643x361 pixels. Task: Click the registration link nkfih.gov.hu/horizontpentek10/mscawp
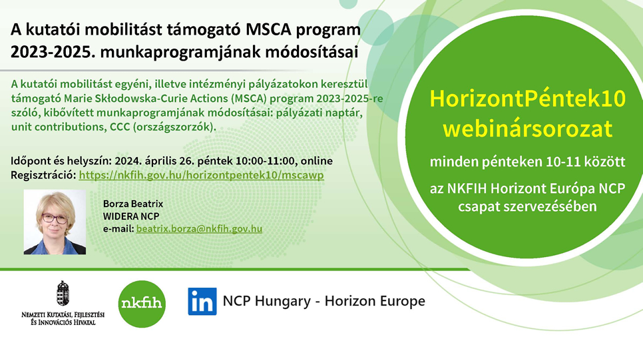(x=201, y=175)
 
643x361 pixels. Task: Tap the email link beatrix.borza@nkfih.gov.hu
(x=199, y=228)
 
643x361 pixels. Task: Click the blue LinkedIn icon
(x=202, y=302)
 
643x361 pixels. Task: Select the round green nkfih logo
(x=142, y=304)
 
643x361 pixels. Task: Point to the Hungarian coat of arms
(x=63, y=293)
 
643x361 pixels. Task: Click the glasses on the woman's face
(x=55, y=218)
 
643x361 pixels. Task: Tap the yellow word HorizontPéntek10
(x=528, y=99)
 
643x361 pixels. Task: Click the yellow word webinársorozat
(x=528, y=129)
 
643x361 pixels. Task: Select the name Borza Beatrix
(x=133, y=204)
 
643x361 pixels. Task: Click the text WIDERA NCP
(x=131, y=216)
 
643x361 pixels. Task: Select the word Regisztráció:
(x=43, y=175)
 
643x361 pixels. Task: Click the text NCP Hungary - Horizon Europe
(x=324, y=301)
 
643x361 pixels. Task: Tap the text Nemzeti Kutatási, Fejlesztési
(x=63, y=314)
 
